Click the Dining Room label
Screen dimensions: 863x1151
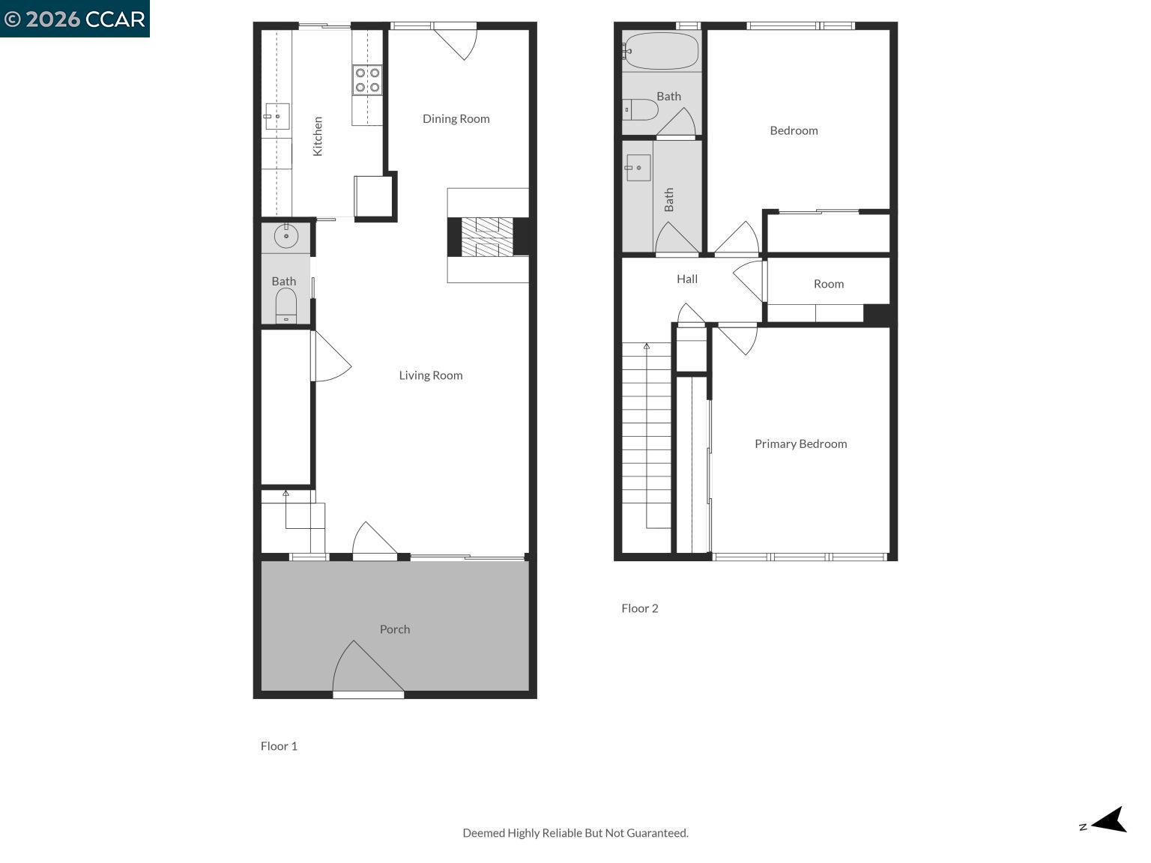[x=456, y=118]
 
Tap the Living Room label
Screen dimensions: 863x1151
[x=430, y=375]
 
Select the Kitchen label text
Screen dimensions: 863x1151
[x=318, y=136]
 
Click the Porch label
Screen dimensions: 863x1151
[x=394, y=629]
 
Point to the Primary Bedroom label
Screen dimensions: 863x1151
[x=800, y=443]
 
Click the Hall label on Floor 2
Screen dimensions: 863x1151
[x=686, y=279]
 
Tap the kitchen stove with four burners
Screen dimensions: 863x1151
[x=367, y=80]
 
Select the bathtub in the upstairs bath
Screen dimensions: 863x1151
[x=661, y=51]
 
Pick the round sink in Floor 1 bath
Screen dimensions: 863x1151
[x=286, y=236]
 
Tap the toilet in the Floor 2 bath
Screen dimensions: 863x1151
[x=641, y=110]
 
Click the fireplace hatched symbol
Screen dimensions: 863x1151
[x=487, y=236]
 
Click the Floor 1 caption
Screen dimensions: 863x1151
[x=279, y=746]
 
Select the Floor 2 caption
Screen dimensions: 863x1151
[x=639, y=608]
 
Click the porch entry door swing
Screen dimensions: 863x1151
[x=367, y=669]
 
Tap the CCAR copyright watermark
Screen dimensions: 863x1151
[x=74, y=19]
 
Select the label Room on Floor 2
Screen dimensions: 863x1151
[x=828, y=284]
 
